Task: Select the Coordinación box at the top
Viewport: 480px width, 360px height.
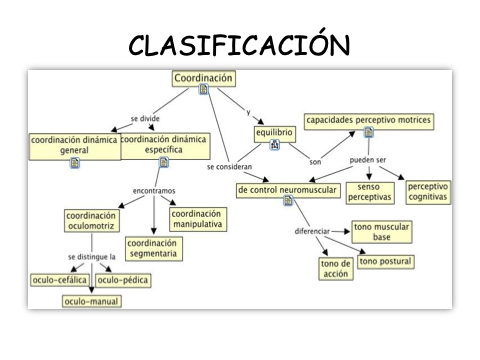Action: pos(204,79)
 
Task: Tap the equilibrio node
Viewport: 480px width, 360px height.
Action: pos(274,134)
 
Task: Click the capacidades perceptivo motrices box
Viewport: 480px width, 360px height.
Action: pos(369,121)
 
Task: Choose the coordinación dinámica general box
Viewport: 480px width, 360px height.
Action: pos(75,147)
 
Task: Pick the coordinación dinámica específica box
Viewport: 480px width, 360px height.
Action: pos(164,146)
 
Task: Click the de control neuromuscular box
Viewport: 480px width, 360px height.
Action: pos(288,190)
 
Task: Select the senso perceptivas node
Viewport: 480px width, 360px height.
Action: pos(370,193)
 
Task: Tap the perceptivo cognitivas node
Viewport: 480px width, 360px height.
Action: pos(428,192)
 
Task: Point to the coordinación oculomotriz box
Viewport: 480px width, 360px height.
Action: pos(92,221)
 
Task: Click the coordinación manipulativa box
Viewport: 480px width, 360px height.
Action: pos(198,219)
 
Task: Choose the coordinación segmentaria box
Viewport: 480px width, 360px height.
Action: pos(154,248)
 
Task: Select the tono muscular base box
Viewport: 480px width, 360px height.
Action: pos(382,232)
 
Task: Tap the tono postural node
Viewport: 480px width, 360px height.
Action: pos(386,262)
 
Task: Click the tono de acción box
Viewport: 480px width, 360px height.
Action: pos(336,269)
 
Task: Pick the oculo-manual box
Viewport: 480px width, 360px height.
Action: pos(92,301)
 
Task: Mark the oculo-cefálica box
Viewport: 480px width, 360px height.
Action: pos(60,280)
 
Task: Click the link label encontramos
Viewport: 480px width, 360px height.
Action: pos(154,191)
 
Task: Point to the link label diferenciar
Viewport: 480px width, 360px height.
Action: pos(312,231)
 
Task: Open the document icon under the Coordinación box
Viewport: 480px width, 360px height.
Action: pos(203,89)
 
